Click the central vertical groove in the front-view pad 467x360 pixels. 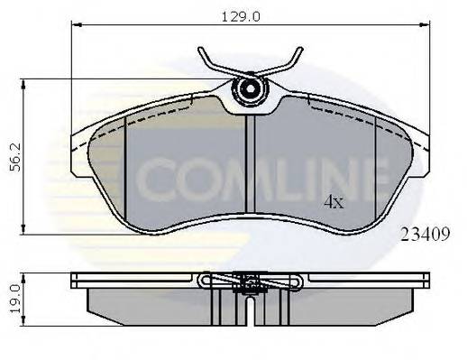click(x=249, y=171)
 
